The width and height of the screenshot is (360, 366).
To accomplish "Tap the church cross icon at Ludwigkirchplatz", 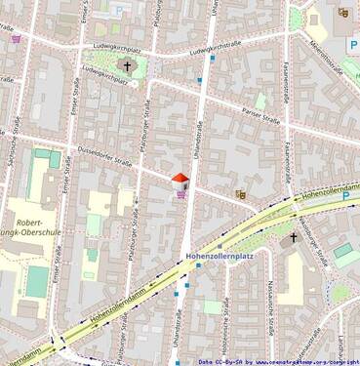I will pos(127,66).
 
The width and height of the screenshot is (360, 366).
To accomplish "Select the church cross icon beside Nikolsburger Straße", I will pos(292,237).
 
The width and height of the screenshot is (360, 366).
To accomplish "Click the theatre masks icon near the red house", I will pos(240,194).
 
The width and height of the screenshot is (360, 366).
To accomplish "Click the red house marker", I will pos(180,180).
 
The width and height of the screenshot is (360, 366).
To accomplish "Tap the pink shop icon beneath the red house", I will pos(181,193).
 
